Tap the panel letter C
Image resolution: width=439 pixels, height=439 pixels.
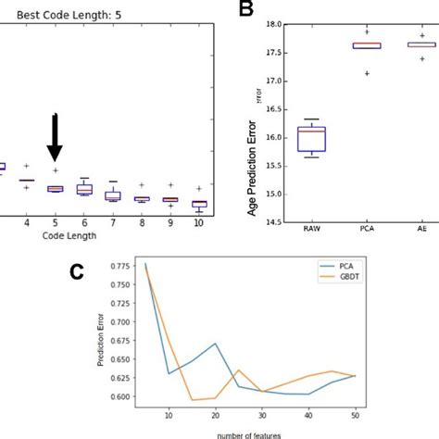click(x=81, y=271)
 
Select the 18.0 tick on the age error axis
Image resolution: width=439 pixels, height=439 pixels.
click(x=272, y=24)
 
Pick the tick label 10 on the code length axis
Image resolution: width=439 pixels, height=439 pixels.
click(x=200, y=223)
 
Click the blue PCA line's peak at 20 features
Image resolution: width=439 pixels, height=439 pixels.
click(x=216, y=344)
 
